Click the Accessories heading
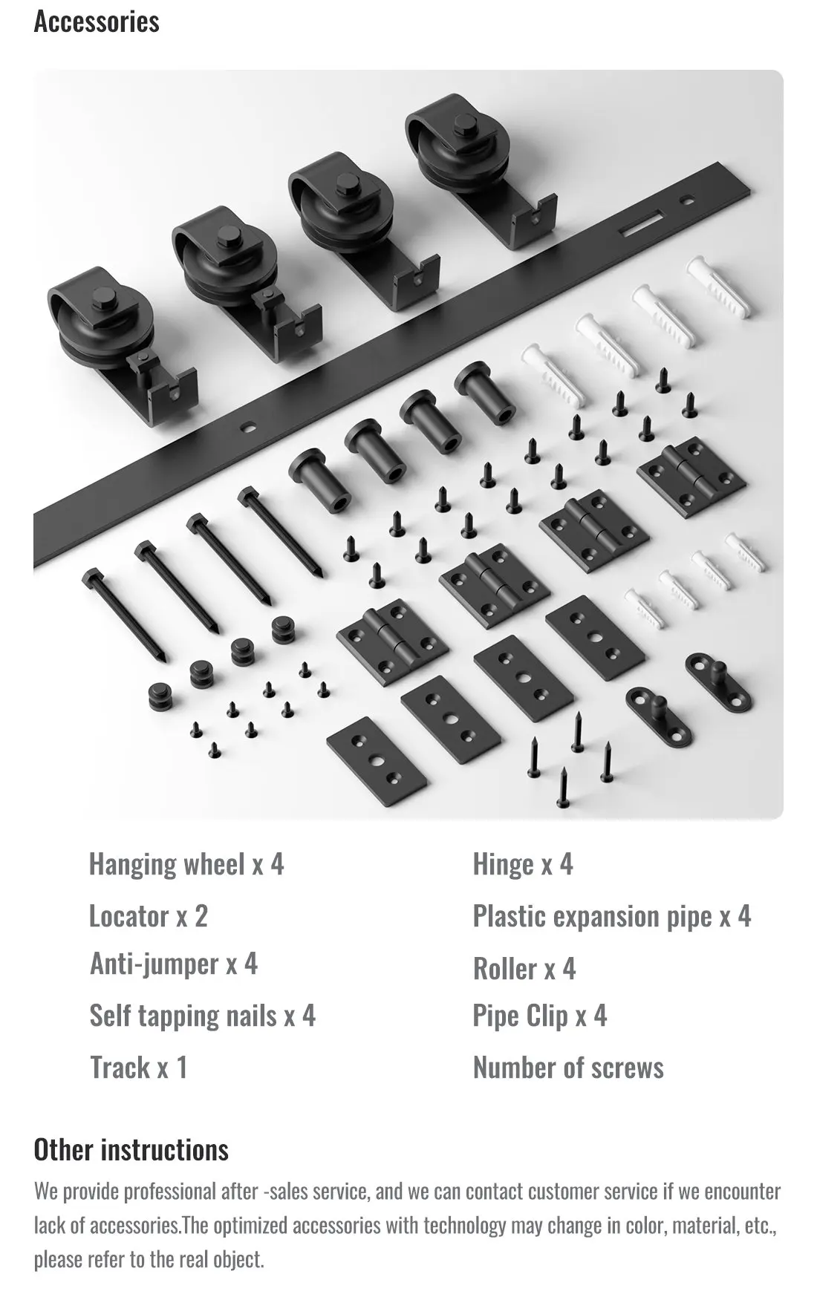tap(97, 22)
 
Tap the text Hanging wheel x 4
tap(186, 864)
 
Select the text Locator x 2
tap(148, 916)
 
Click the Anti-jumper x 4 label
tap(173, 964)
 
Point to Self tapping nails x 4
tap(202, 1016)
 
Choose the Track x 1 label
tap(138, 1068)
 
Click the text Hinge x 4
tap(522, 864)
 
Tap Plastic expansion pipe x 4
tap(611, 916)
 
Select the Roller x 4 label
tap(524, 969)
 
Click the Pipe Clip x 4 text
tap(539, 1016)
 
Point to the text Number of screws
tap(567, 1068)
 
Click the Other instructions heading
tap(131, 1149)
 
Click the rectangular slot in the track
tap(644, 223)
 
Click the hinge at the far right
tap(691, 471)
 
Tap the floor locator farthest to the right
tap(718, 680)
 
